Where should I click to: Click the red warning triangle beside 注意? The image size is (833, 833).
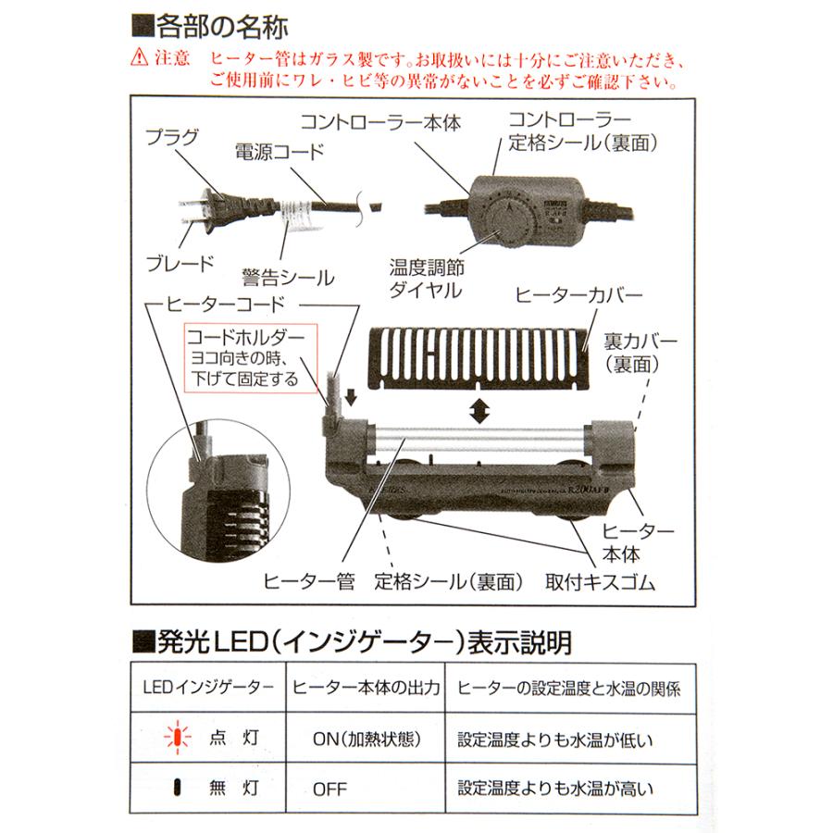point(139,59)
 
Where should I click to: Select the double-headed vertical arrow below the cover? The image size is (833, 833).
point(478,413)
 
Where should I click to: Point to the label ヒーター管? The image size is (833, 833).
point(309,581)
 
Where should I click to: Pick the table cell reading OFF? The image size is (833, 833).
point(329,789)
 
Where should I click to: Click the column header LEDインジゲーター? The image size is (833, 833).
point(208,688)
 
